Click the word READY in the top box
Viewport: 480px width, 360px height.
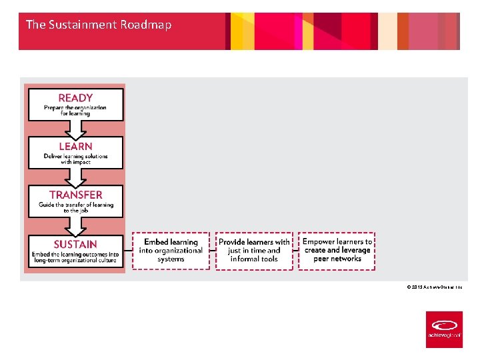(75, 97)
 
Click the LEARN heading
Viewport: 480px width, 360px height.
(75, 146)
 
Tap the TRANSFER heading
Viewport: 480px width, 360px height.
(75, 195)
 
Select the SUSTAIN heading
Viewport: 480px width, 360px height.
(75, 244)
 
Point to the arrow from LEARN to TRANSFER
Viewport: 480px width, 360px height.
(75, 177)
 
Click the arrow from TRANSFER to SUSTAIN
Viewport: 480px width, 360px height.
(75, 227)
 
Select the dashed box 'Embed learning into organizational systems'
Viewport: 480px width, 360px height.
(171, 251)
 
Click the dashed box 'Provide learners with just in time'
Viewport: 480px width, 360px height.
(254, 251)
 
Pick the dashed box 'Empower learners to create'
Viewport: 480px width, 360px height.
(337, 251)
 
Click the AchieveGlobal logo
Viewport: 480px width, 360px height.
(444, 329)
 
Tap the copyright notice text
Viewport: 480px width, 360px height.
(434, 287)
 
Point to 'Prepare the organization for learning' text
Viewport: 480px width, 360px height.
(75, 111)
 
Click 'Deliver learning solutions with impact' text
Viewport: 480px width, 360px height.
(75, 159)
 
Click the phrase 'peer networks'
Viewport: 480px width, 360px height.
(337, 259)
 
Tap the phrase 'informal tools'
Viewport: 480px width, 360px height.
(254, 259)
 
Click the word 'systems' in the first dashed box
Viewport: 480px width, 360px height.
(171, 259)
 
